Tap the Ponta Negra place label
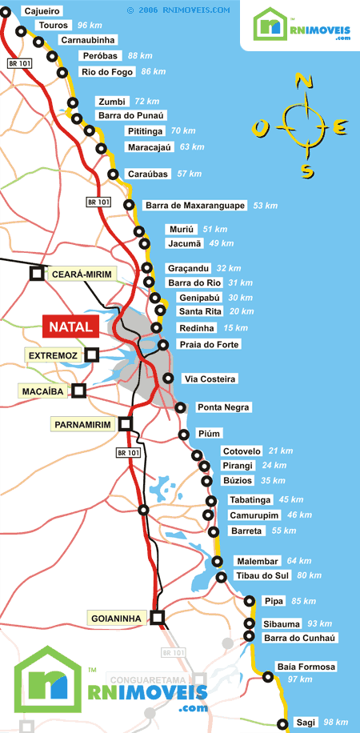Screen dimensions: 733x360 (x=223, y=407)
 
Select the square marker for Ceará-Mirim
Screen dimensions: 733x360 (x=37, y=274)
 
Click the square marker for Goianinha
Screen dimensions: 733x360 (x=158, y=617)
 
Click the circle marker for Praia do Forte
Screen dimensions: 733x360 (x=163, y=345)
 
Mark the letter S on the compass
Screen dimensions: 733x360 (x=306, y=170)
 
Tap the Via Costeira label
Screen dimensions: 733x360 (x=210, y=379)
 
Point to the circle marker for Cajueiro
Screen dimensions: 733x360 (x=6, y=11)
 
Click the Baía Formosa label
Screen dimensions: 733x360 (x=306, y=667)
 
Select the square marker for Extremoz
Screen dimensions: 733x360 (x=92, y=354)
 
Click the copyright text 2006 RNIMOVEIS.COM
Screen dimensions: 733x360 (x=178, y=10)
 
